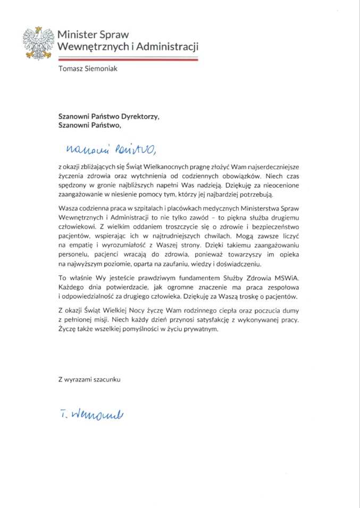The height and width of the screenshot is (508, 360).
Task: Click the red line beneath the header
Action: [127, 60]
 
